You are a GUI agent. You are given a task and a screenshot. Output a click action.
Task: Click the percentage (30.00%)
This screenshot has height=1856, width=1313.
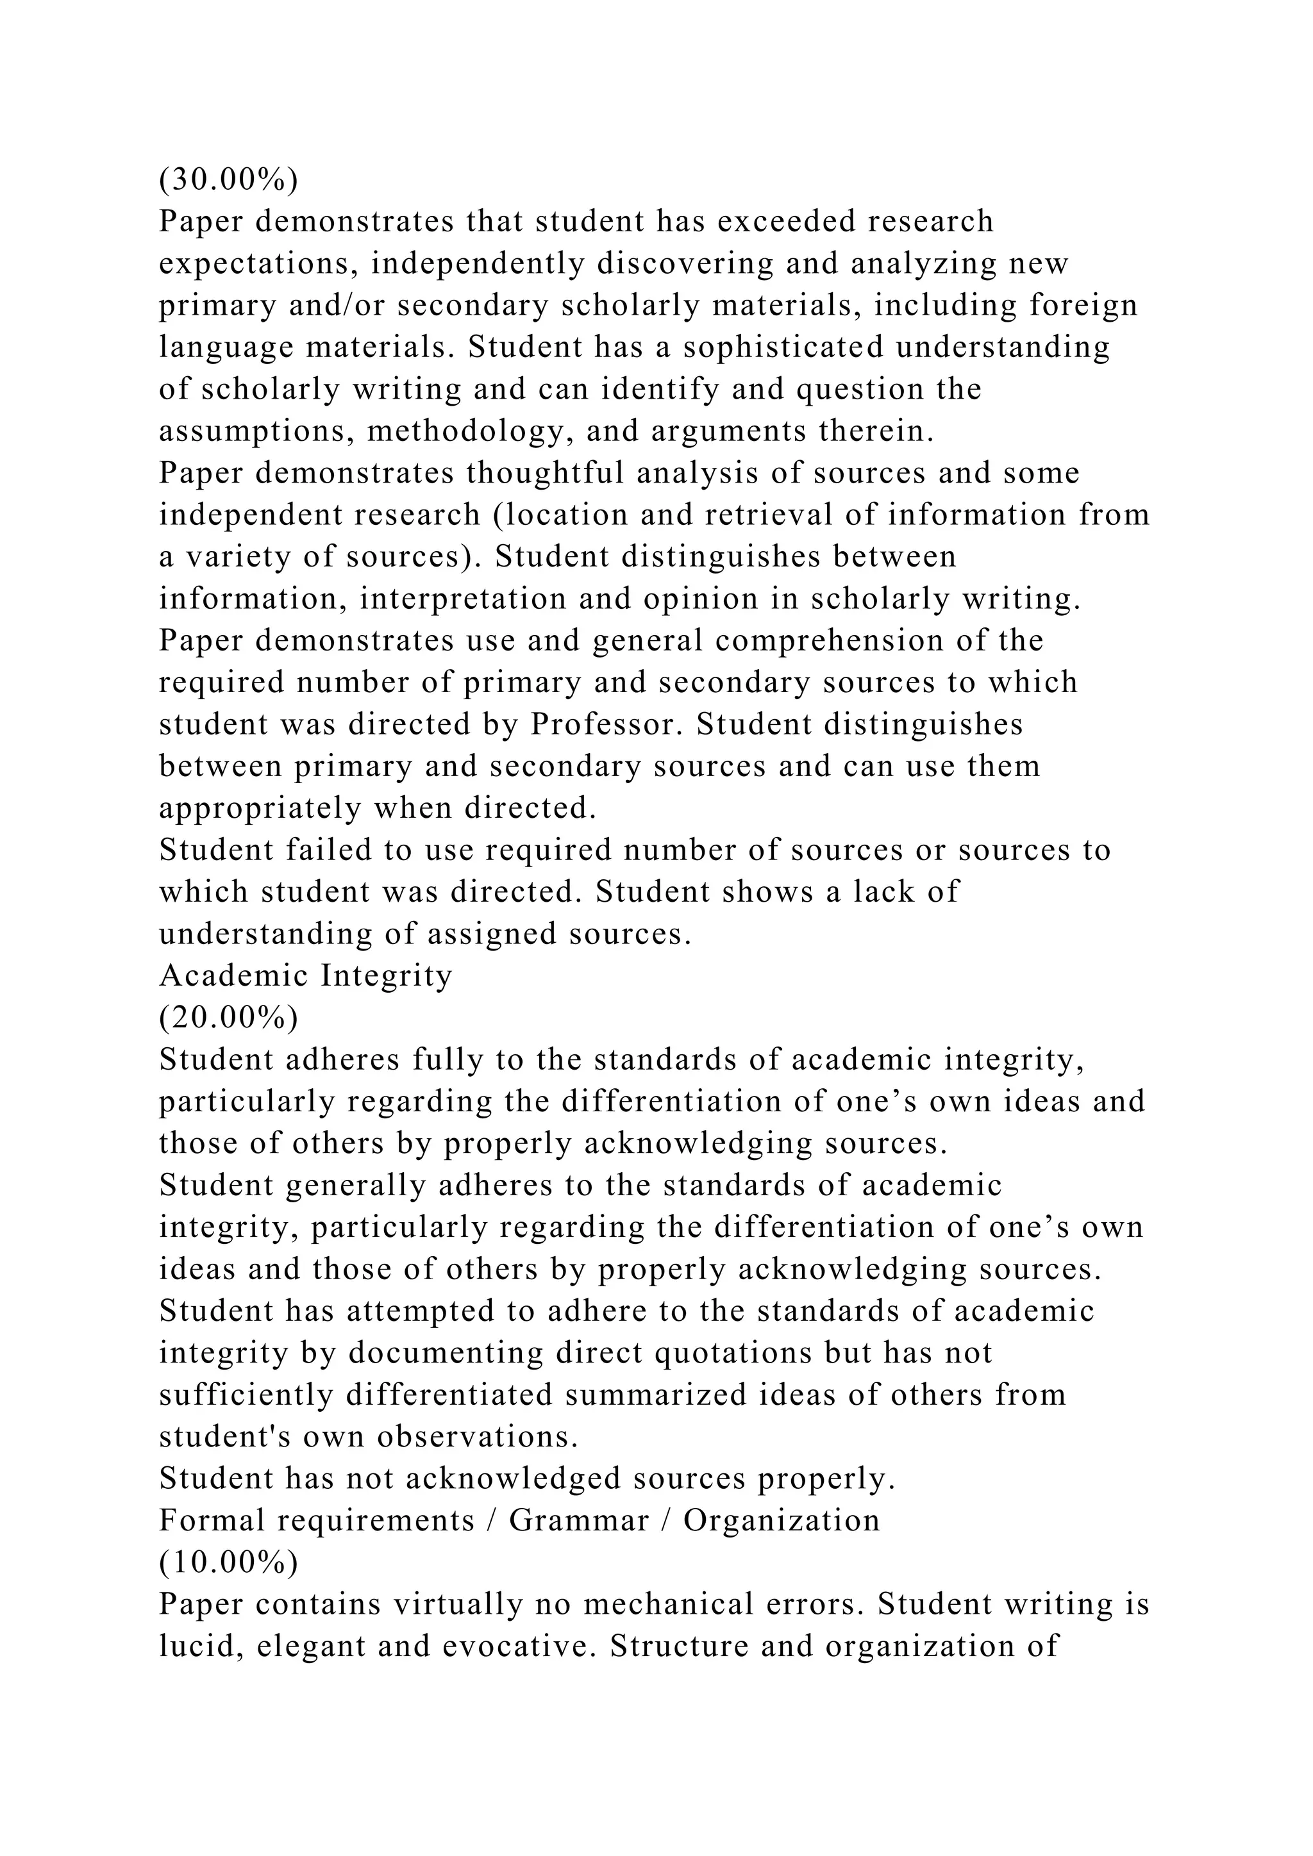229,179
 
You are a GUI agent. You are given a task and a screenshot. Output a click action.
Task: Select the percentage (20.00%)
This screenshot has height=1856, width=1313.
229,1018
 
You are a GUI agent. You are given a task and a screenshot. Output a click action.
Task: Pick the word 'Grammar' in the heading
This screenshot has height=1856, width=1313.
579,1521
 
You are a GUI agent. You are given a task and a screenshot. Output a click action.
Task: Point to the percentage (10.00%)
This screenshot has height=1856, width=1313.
229,1562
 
